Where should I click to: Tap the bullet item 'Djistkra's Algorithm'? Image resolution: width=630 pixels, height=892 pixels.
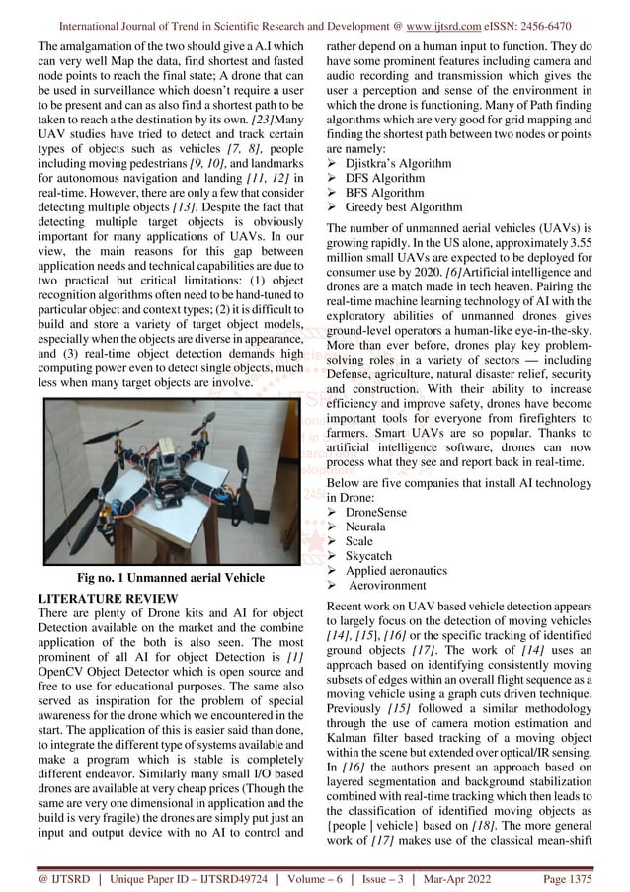point(398,163)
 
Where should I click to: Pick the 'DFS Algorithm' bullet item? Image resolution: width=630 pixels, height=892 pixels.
point(385,178)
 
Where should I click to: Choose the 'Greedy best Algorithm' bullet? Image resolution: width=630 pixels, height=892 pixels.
point(403,207)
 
